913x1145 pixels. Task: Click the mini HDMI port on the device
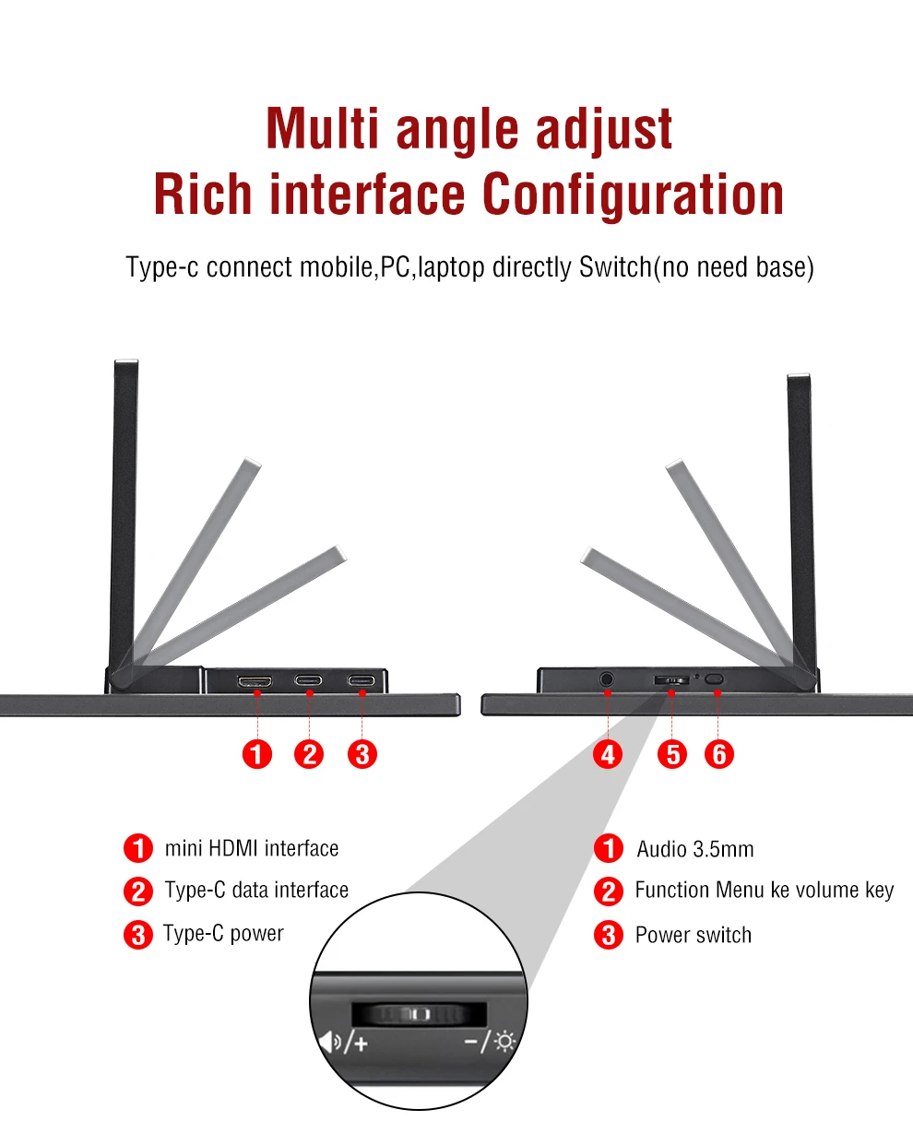[x=255, y=681]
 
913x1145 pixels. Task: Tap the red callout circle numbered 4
[x=608, y=754]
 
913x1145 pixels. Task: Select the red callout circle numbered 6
[x=718, y=754]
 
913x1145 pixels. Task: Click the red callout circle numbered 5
[x=672, y=754]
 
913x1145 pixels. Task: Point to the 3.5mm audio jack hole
[x=606, y=679]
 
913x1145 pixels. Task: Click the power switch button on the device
[x=714, y=679]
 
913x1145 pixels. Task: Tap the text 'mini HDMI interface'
[x=251, y=848]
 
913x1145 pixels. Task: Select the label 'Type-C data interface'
[x=256, y=891]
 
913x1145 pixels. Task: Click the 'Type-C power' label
[x=223, y=934]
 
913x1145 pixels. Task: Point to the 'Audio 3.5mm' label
[x=694, y=849]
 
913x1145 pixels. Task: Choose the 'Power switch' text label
[x=694, y=936]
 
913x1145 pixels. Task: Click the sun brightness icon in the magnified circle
[x=504, y=1041]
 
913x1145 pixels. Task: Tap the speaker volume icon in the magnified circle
[x=330, y=1041]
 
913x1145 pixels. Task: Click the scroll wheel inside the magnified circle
[x=419, y=1014]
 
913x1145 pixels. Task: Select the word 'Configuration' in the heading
[x=633, y=195]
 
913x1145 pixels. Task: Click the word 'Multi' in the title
[x=322, y=128]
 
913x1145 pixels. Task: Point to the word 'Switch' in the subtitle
[x=615, y=267]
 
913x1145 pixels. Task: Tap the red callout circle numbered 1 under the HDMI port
[x=256, y=754]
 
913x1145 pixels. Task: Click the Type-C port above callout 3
[x=361, y=680]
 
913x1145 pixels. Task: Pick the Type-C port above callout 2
[x=308, y=680]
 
